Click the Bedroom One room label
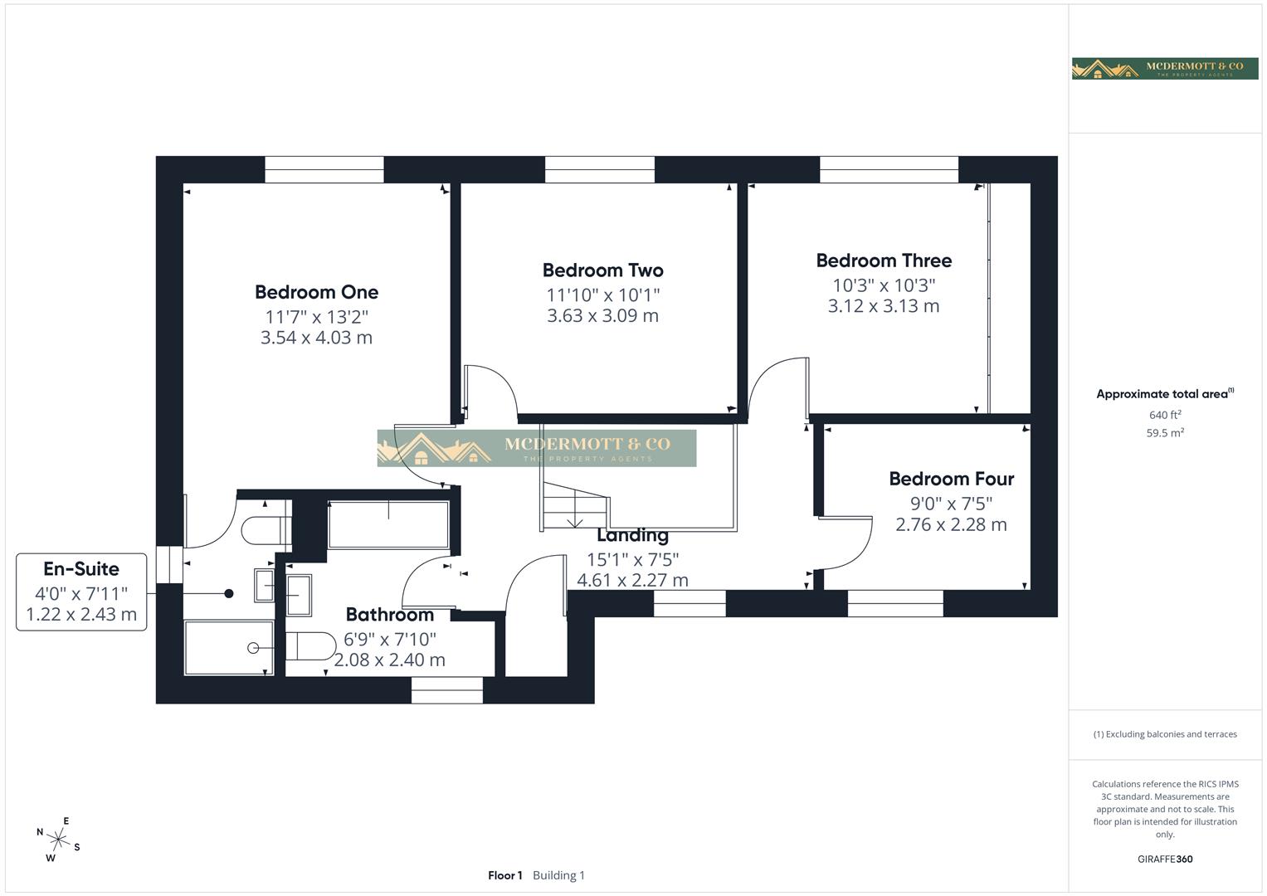pos(316,292)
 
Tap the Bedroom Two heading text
pos(602,270)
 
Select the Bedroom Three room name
pos(884,261)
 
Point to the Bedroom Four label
pos(951,479)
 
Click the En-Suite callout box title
pos(81,569)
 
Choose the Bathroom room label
pos(389,615)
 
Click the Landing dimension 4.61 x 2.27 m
pos(632,580)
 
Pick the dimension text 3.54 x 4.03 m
pos(316,338)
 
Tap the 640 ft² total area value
pos(1165,415)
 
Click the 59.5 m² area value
pos(1165,432)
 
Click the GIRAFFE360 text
pos(1165,859)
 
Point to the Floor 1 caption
pos(504,875)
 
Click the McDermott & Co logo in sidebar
pos(1165,68)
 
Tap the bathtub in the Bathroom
pos(388,524)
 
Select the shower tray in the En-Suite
pos(228,647)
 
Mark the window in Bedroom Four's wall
pos(895,603)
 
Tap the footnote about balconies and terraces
pos(1165,734)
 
